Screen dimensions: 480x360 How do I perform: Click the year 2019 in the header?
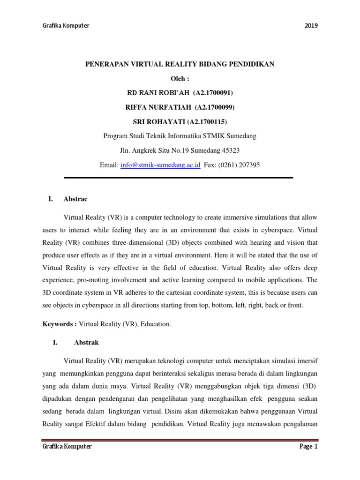click(x=311, y=26)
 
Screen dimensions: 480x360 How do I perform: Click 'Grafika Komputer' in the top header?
click(x=66, y=26)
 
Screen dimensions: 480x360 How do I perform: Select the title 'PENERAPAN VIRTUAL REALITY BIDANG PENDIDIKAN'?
click(x=180, y=64)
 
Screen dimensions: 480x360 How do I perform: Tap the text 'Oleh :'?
click(x=180, y=79)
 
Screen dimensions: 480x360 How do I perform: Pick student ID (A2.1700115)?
click(x=207, y=122)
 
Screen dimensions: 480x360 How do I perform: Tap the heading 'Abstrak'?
click(x=87, y=343)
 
